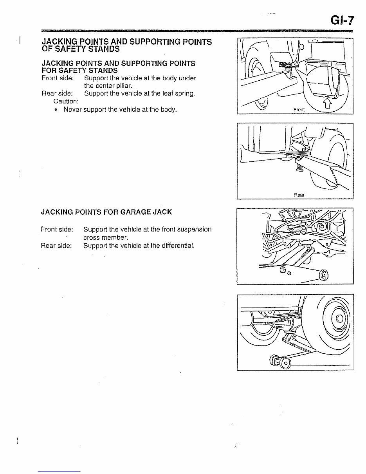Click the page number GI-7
pos(341,20)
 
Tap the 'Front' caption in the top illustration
pos(299,110)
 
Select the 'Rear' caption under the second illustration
pos(299,195)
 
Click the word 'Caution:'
pos(66,101)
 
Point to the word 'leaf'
pos(166,93)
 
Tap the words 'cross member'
pos(105,237)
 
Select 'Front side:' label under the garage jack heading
pos(57,229)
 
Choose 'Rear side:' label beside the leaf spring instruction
pos(57,93)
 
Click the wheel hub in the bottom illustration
pos(339,317)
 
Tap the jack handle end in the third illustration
pos(325,276)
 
